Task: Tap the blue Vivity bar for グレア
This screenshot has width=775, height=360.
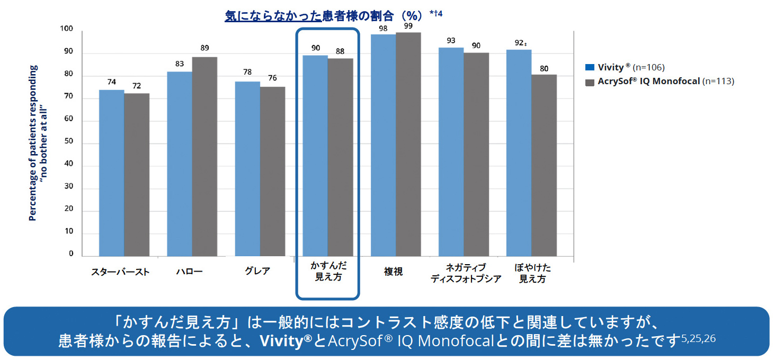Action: tap(247, 169)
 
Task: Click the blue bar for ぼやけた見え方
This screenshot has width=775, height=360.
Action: tap(519, 153)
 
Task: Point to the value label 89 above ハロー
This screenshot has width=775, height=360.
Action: tap(204, 48)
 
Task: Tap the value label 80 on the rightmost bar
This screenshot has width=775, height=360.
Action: tap(544, 68)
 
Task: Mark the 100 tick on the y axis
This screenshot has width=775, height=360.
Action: tap(67, 29)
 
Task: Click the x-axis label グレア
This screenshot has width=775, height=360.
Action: tap(257, 272)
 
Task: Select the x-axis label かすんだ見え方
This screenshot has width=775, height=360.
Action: tap(328, 272)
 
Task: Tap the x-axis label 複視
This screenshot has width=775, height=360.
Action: tap(393, 272)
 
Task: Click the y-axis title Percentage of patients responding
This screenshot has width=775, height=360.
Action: tap(33, 143)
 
